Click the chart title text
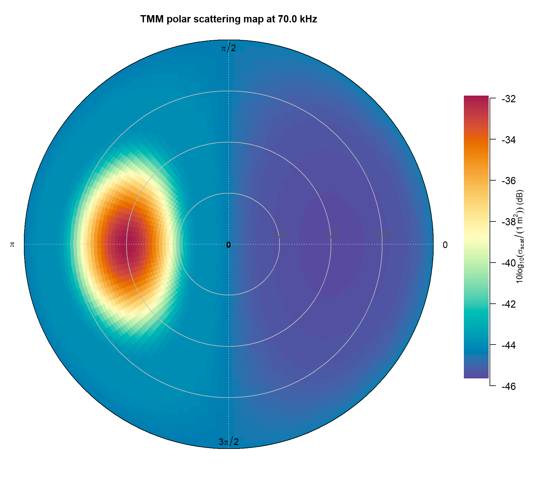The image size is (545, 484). pos(229,19)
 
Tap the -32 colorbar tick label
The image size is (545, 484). pos(508,99)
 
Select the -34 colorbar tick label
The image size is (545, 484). pos(508,140)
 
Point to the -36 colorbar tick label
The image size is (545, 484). pos(508,181)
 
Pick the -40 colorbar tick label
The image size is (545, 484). pos(508,263)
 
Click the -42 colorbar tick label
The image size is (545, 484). pos(508,304)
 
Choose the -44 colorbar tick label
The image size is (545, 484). pos(508,345)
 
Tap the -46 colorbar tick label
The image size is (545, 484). pos(508,387)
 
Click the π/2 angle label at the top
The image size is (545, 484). pos(228,48)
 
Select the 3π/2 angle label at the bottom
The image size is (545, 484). pos(229,442)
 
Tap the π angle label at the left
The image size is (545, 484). pos(12,244)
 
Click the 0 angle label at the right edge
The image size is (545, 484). pos(445,245)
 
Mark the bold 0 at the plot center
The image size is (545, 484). pos(229,245)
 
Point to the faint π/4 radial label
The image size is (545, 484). pos(279,234)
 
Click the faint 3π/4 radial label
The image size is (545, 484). pos(382,234)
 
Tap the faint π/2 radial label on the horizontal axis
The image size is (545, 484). pos(331,234)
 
